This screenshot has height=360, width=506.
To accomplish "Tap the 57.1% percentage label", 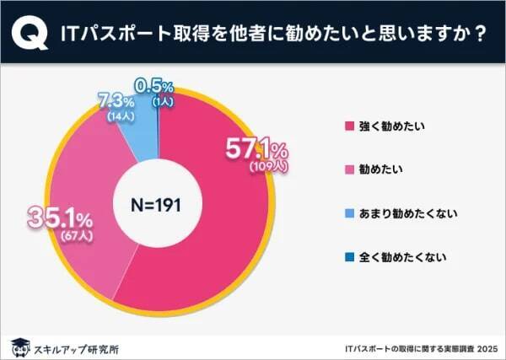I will (x=256, y=150).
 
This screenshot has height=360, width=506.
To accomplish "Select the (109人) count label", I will (x=269, y=168).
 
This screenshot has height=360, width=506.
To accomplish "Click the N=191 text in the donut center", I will (x=154, y=202).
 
